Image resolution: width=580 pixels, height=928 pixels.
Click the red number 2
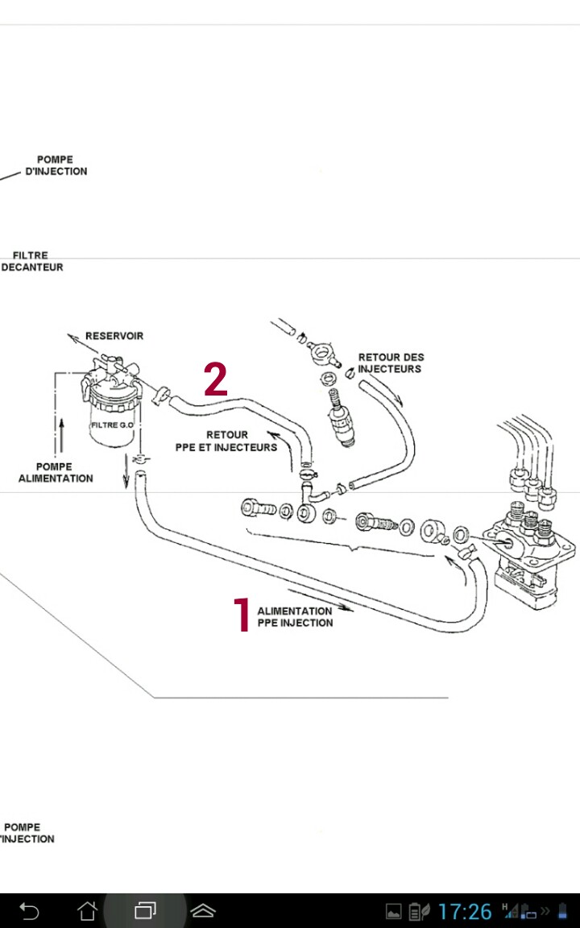216,379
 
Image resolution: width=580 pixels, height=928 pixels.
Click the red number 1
242,615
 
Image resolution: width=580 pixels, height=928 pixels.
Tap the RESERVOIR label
114,336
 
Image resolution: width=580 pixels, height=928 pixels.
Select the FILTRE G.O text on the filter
112,425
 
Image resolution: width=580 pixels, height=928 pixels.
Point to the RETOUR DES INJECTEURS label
391,362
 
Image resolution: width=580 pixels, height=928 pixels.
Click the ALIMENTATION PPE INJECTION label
295,617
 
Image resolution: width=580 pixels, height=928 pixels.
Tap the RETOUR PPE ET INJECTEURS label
226,441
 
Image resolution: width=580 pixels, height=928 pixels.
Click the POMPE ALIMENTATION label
55,472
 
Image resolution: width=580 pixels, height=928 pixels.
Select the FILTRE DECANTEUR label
31,261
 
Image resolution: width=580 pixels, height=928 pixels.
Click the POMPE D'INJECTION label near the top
56,165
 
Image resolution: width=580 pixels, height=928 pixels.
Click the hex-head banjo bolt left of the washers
259,507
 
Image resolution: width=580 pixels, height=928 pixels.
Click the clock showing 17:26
465,911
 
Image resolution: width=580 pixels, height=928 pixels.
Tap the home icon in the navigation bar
88,911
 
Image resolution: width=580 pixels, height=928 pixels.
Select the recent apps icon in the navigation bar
145,911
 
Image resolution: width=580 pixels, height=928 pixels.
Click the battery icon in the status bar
561,911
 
